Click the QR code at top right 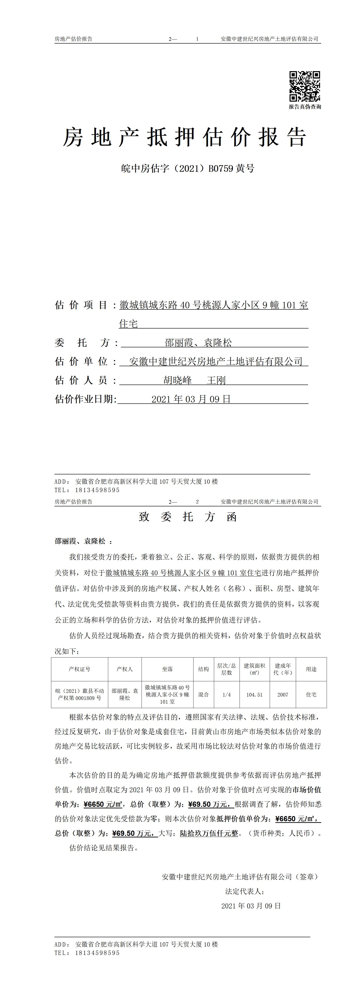click(305, 86)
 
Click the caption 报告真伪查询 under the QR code click(305, 107)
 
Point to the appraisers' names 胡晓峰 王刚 click(194, 380)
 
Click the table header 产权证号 click(80, 669)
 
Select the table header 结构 click(203, 669)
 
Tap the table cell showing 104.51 click(254, 694)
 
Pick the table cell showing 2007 click(283, 694)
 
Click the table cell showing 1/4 click(227, 694)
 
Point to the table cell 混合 click(203, 694)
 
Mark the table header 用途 click(311, 669)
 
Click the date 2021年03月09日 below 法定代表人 click(251, 906)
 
